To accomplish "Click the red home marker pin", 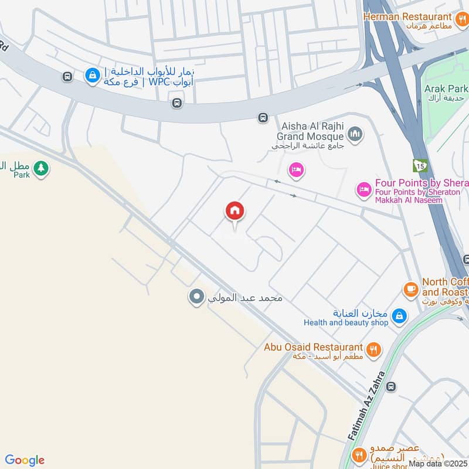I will coord(235,212).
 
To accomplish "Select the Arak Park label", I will coord(447,89).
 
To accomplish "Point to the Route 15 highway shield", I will coord(420,165).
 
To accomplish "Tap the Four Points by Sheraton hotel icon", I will coord(363,189).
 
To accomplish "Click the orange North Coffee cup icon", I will coord(411,288).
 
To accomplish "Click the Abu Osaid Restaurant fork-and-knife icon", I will coord(373,351).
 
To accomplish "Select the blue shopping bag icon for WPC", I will coord(92,75).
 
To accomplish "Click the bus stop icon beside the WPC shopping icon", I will coord(67,77).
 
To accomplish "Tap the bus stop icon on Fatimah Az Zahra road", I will coord(391,386).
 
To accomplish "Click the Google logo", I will coord(25,460).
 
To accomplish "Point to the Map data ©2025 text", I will coord(439,464).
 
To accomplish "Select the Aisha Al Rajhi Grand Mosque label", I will coord(311,131).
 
